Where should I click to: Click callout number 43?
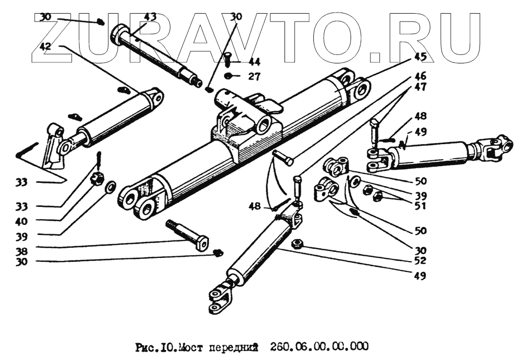tap(150, 17)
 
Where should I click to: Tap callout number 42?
tap(46, 46)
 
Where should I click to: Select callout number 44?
tap(254, 62)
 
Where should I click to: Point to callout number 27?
tap(254, 77)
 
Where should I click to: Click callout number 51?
tap(420, 206)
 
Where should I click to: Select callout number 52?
tap(420, 260)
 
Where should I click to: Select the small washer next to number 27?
tap(230, 77)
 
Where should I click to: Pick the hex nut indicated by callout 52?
tap(296, 244)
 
